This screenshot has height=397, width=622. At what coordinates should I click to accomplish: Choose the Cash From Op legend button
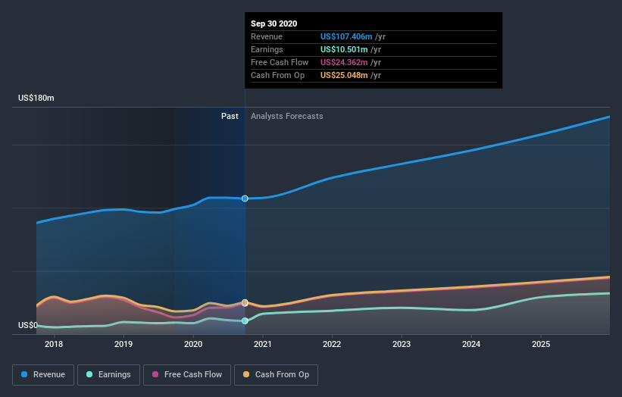click(x=276, y=374)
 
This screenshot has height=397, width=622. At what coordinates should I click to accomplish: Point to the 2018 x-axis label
click(x=54, y=345)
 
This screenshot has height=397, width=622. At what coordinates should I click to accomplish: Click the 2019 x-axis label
click(x=123, y=345)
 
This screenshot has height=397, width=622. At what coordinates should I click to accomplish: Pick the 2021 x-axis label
click(x=263, y=345)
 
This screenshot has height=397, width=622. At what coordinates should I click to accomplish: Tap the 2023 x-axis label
click(x=402, y=345)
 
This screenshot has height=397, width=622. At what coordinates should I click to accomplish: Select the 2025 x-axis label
click(x=541, y=345)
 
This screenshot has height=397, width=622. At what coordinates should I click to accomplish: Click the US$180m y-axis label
click(x=36, y=98)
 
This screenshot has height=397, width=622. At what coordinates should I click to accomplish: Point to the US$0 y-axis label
click(x=28, y=326)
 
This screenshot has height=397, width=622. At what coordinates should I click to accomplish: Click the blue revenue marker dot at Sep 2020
click(x=245, y=198)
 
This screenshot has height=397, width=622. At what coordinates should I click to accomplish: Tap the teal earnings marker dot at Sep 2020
click(x=245, y=320)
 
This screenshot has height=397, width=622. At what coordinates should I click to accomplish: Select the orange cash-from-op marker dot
click(x=245, y=302)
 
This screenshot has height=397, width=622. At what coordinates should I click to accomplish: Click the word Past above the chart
click(x=230, y=116)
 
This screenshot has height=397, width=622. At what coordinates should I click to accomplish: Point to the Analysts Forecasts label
click(x=286, y=116)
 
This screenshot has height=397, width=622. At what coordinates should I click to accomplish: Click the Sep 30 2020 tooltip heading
click(x=274, y=23)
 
